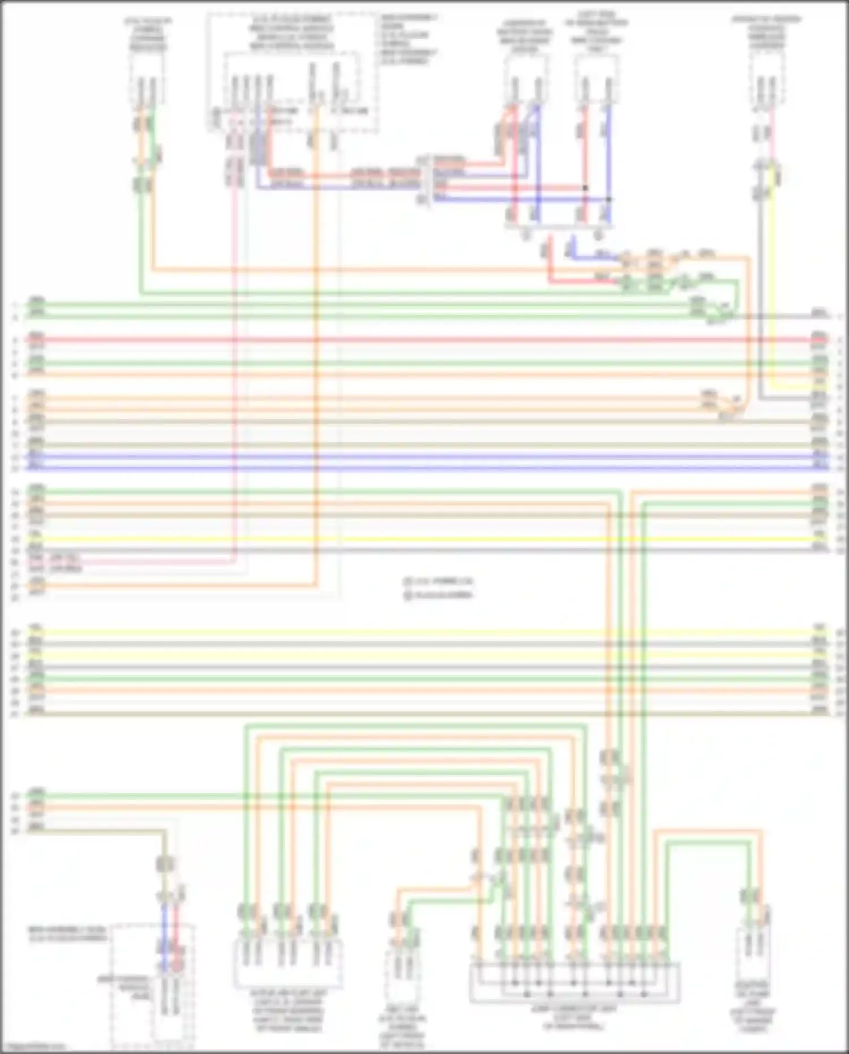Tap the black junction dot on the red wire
[x=585, y=187]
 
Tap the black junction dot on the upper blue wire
[x=609, y=199]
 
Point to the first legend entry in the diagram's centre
[x=439, y=582]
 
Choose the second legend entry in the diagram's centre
[x=439, y=595]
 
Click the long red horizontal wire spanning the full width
[x=424, y=340]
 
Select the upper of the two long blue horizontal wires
[x=424, y=456]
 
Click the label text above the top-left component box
[x=148, y=35]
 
